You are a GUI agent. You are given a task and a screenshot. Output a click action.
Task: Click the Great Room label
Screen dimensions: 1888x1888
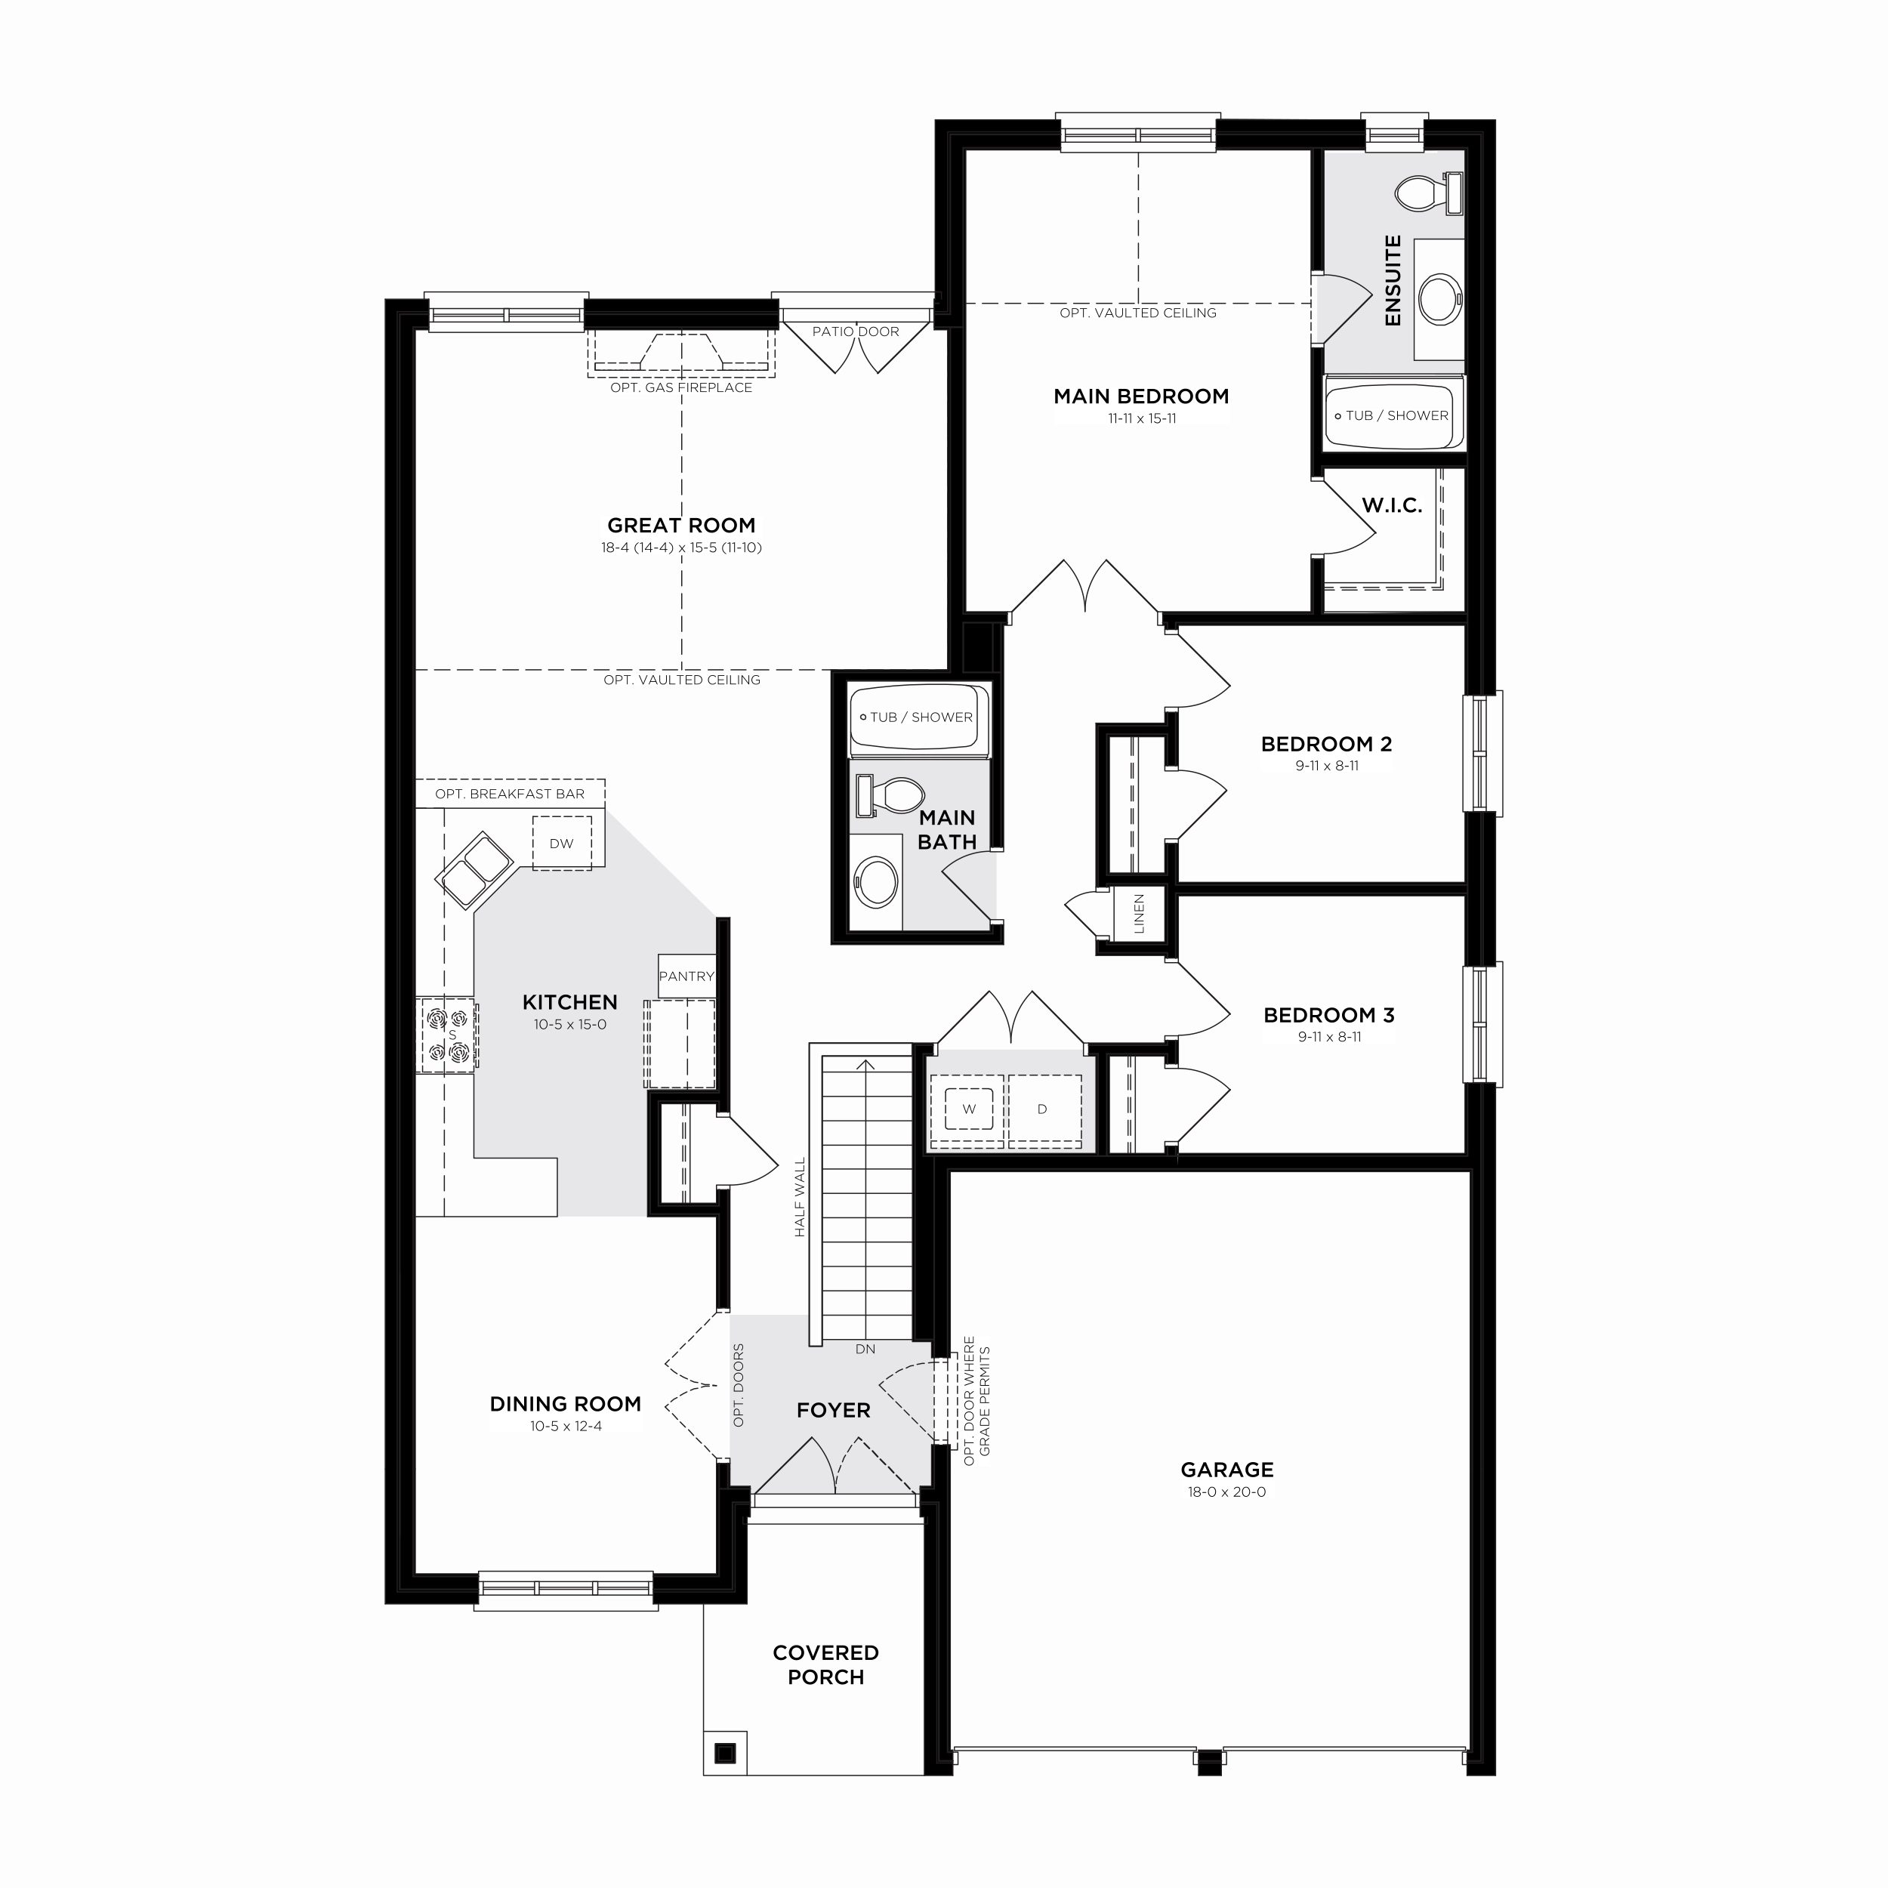(681, 525)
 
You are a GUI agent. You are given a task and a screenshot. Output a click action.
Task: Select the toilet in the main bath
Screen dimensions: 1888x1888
(890, 795)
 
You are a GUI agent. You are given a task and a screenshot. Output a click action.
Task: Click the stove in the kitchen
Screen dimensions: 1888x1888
(446, 1035)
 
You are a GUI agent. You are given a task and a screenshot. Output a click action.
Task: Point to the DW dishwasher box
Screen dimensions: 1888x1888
(562, 842)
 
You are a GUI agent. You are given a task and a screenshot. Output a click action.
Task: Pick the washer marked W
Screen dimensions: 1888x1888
(968, 1109)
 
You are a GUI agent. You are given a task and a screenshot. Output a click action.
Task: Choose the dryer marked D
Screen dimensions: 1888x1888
(1043, 1109)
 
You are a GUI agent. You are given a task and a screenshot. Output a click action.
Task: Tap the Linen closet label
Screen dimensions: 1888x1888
(1140, 915)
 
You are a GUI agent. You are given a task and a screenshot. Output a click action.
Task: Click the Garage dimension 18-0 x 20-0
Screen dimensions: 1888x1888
(1226, 1492)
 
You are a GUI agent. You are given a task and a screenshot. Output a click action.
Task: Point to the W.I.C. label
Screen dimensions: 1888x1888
(1392, 505)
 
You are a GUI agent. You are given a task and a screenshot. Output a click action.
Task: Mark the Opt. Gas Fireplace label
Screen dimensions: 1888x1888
(681, 388)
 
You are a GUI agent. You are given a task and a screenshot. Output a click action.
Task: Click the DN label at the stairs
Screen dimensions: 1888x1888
(865, 1349)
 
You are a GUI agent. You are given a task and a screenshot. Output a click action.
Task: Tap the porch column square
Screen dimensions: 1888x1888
(724, 1753)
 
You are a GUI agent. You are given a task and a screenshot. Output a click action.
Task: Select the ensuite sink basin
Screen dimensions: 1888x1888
(1439, 298)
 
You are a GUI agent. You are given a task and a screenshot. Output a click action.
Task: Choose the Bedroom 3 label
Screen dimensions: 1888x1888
(1328, 1015)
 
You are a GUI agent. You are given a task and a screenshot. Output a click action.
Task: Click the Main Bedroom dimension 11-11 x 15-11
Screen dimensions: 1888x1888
(1141, 418)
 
